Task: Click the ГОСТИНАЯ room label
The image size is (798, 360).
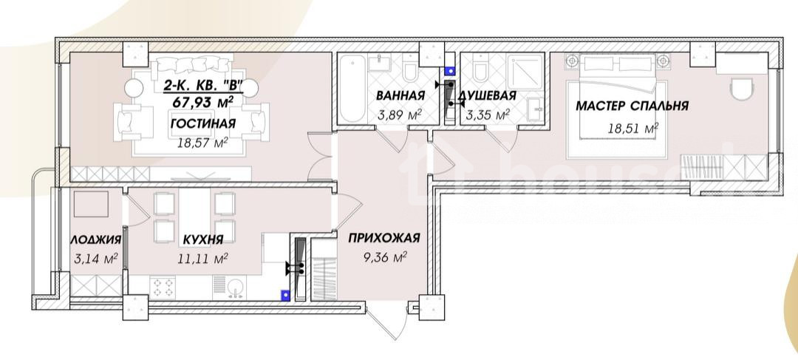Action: point(203,123)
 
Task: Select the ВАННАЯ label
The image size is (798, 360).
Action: point(400,95)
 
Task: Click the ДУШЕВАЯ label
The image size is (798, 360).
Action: point(487,95)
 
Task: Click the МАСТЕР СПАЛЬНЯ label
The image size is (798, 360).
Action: point(632,106)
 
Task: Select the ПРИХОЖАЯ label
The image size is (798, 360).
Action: point(383,238)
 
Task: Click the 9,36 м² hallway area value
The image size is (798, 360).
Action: point(385,258)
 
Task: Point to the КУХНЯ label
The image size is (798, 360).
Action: point(203,240)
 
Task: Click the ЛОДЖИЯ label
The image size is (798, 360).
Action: point(95,240)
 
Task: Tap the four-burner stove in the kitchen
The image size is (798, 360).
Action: point(163,287)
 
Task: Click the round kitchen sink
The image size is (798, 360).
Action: point(236,288)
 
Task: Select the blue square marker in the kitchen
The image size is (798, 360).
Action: point(285,293)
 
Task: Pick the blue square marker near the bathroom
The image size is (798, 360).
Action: point(449,72)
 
